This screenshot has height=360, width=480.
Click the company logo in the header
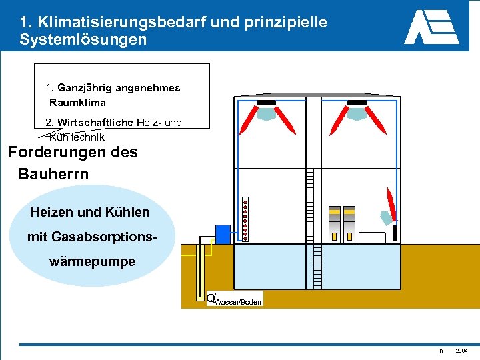[431, 27]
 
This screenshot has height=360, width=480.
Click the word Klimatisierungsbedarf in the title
[140, 21]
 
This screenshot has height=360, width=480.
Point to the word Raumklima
[77, 103]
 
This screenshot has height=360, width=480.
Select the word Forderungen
[56, 152]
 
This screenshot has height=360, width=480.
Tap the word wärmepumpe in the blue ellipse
[92, 262]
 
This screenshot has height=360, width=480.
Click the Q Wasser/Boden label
[233, 299]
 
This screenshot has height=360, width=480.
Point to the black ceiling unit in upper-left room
[266, 103]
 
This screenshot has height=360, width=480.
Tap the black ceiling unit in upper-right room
[358, 103]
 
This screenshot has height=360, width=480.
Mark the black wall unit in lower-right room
[395, 232]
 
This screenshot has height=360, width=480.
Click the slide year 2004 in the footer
[461, 351]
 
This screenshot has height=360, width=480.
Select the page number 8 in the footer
[441, 351]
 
